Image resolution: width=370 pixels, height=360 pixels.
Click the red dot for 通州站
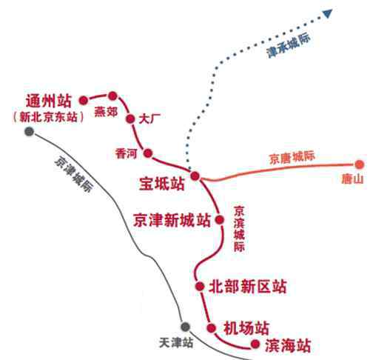[84, 101]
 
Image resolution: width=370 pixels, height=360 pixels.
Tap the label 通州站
[49, 101]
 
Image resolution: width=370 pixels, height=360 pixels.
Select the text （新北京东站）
[48, 117]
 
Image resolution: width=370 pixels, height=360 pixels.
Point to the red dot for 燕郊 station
[112, 96]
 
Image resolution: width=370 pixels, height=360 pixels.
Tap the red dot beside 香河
[148, 153]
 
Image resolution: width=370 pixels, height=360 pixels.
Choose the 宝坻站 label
[162, 184]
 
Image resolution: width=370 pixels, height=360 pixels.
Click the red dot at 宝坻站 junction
[195, 176]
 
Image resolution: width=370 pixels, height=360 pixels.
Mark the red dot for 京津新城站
[220, 219]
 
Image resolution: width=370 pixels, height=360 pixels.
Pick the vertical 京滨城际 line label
[239, 229]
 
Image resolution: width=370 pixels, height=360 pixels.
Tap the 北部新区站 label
[248, 287]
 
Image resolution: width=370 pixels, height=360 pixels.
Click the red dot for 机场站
[212, 328]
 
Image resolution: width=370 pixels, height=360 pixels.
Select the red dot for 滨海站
[255, 344]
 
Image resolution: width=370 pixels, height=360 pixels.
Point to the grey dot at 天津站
[185, 327]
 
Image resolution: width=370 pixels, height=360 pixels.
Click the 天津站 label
[176, 342]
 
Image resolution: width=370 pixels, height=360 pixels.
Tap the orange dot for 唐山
[360, 164]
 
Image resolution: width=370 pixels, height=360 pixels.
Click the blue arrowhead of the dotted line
[328, 13]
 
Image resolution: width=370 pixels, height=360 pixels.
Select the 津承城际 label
[289, 46]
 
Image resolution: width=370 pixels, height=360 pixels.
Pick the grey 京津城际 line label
[73, 174]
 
